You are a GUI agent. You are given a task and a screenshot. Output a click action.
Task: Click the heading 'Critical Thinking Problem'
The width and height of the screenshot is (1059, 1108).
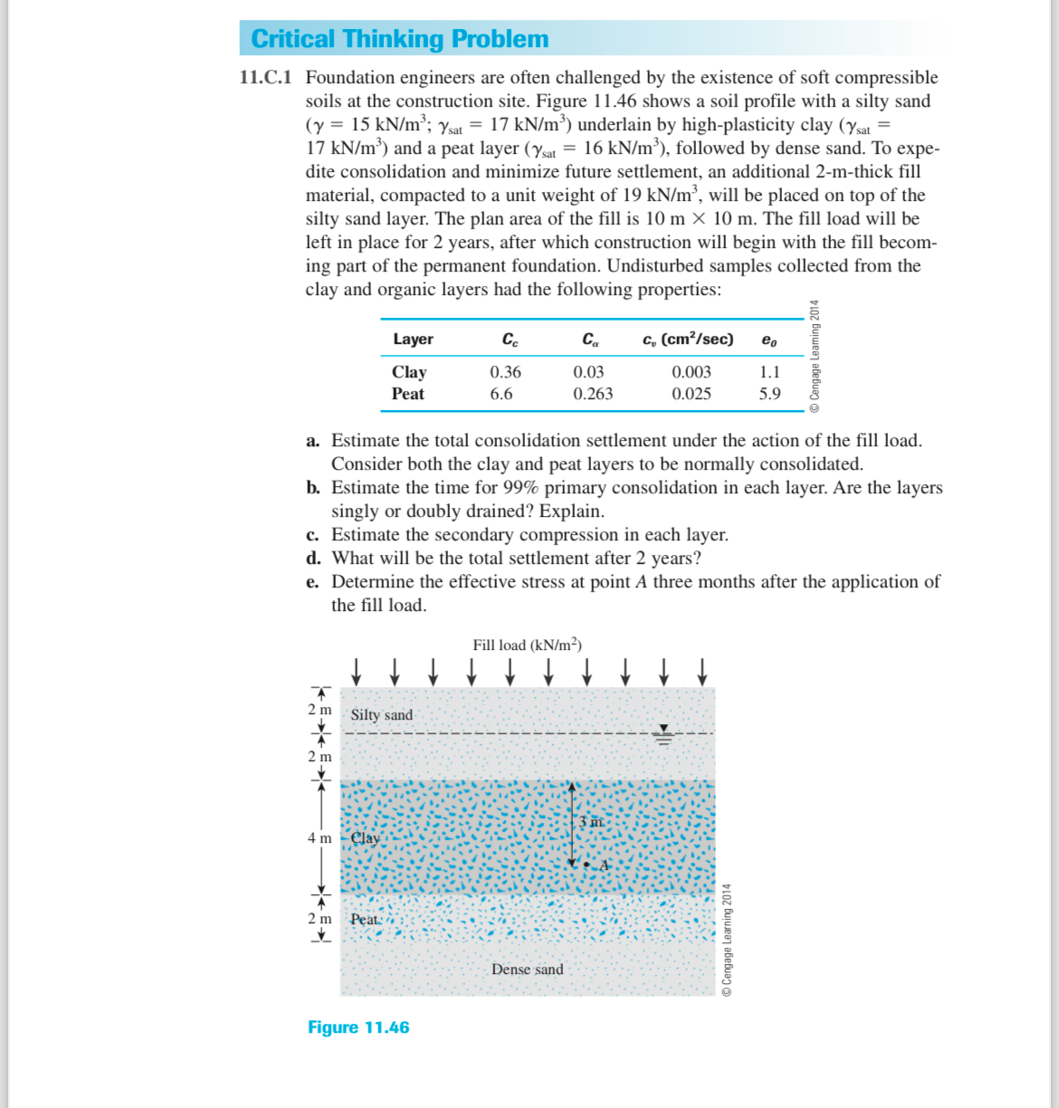399,39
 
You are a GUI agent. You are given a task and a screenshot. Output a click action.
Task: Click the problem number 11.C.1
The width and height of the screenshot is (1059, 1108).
265,78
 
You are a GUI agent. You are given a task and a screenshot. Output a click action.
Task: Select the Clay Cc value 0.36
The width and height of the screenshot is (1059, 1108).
505,372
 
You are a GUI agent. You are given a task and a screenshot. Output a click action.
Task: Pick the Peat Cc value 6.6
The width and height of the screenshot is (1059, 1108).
501,394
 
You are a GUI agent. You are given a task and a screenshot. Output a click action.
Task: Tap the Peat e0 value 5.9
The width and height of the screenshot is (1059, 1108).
769,394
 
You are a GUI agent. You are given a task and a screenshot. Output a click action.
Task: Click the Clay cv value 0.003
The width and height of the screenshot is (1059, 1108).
691,372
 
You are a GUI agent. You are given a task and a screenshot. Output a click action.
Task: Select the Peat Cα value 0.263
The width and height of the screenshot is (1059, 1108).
592,394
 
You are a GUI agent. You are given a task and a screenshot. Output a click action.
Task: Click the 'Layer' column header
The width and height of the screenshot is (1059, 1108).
413,339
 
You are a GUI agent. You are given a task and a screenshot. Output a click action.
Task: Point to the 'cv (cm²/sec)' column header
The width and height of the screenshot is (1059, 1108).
687,339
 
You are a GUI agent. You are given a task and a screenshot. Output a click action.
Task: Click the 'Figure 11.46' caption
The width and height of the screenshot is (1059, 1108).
358,1027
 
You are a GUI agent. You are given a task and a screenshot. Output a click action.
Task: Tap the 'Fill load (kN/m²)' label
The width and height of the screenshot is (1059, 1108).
527,645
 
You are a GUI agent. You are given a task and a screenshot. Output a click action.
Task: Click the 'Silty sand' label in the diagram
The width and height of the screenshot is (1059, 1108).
381,715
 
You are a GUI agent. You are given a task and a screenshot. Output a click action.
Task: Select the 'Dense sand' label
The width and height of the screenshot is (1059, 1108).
527,969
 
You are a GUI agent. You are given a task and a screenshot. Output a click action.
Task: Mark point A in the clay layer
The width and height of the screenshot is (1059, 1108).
587,865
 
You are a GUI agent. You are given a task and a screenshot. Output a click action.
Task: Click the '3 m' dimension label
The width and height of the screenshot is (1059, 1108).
590,822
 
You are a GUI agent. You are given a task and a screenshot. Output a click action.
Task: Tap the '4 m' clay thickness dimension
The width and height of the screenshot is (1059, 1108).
319,838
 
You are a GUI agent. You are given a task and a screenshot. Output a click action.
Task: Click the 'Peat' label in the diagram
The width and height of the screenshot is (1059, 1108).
365,920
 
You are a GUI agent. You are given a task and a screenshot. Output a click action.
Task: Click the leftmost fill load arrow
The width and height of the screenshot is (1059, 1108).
356,671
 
